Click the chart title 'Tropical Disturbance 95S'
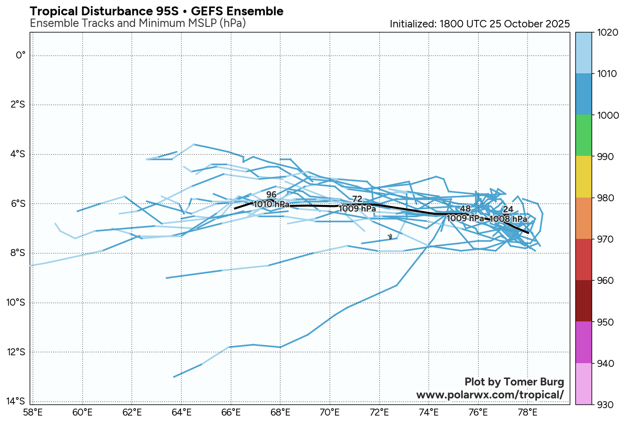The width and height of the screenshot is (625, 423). [x=156, y=11]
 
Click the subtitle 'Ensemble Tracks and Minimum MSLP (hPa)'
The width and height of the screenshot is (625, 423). [x=137, y=23]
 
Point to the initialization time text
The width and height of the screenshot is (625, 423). [x=479, y=24]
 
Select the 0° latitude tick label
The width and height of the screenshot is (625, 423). [x=21, y=56]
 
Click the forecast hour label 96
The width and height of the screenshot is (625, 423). [x=271, y=195]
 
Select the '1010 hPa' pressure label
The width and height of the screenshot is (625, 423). [x=271, y=204]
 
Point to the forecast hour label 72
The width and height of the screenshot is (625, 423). [x=357, y=199]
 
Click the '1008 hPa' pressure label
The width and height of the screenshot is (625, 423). [x=509, y=219]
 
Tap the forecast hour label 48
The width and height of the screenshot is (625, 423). [x=465, y=209]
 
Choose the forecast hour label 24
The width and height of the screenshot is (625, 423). [x=508, y=210]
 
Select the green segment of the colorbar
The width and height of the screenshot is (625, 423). [x=584, y=135]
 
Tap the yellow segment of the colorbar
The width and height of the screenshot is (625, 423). [x=584, y=176]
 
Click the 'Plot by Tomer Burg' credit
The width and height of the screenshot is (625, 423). [x=514, y=382]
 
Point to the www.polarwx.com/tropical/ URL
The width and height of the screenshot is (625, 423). [x=490, y=395]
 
